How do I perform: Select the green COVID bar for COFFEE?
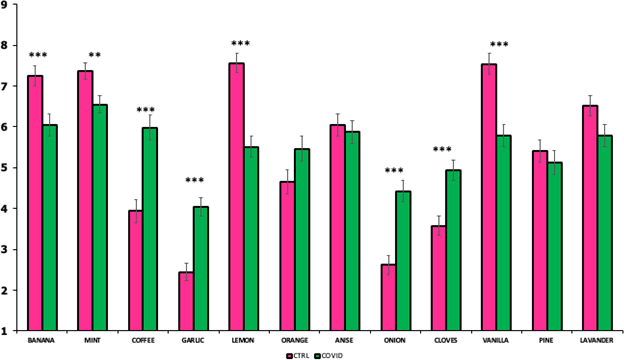click(150, 229)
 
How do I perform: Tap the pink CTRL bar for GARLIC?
click(186, 301)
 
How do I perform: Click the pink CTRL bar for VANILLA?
click(489, 197)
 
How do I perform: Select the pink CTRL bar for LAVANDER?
click(590, 218)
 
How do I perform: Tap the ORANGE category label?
click(294, 340)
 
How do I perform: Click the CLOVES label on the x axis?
click(445, 340)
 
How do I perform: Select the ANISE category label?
click(344, 340)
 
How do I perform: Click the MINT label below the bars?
click(92, 340)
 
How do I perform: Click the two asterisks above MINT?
click(95, 55)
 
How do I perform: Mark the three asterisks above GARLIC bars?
click(195, 180)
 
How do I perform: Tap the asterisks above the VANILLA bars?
click(499, 45)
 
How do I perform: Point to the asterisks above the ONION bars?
click(394, 171)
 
